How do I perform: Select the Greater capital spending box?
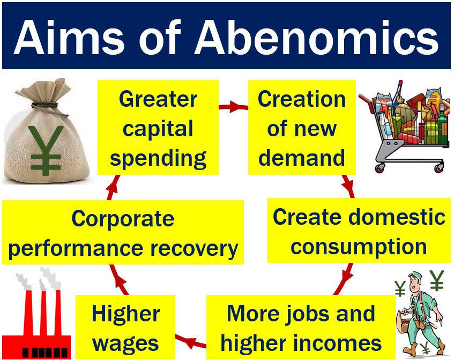(x=158, y=128)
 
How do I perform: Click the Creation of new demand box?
(x=302, y=128)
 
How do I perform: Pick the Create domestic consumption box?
(x=359, y=231)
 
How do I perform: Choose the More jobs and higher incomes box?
(x=301, y=327)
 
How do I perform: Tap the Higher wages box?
(x=125, y=327)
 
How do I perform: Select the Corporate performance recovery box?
(x=123, y=232)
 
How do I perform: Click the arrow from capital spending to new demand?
(x=233, y=107)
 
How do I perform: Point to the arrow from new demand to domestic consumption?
(x=348, y=186)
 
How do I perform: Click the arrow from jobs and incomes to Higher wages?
(x=190, y=341)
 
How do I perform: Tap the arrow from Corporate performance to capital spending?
(x=113, y=187)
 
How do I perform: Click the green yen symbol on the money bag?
(x=46, y=150)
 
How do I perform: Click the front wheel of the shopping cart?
(x=379, y=168)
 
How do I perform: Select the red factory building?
(x=36, y=333)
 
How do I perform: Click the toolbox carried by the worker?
(x=405, y=325)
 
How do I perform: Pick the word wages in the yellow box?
(x=125, y=344)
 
